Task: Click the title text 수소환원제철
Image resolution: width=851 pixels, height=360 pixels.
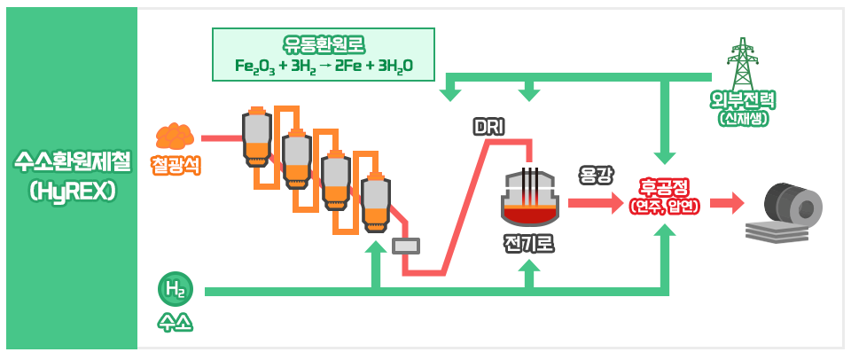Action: [71, 161]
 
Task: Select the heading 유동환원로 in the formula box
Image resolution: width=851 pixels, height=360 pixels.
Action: [324, 44]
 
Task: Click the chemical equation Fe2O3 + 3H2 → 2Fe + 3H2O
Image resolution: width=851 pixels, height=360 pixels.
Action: [324, 67]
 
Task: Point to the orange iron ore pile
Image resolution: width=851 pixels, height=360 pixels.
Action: [175, 136]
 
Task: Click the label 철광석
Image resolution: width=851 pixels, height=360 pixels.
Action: [176, 164]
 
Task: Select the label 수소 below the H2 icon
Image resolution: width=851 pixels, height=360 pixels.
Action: [175, 321]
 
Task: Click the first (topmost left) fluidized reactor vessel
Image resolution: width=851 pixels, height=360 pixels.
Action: [256, 138]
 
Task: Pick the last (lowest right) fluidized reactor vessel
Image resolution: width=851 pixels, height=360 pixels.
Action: [374, 200]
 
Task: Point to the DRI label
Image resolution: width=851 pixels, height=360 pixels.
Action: [488, 128]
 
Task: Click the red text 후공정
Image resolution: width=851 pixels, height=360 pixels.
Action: [664, 187]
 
